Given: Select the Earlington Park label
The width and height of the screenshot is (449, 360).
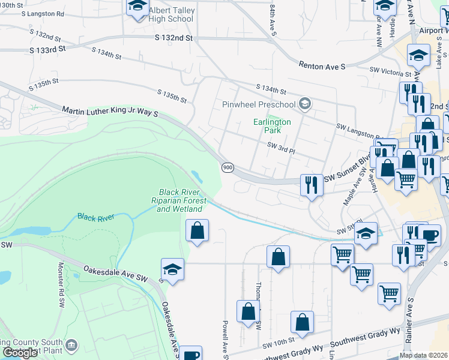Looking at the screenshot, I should tap(272, 126).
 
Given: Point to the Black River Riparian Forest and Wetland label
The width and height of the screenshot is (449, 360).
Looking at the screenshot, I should tap(182, 200).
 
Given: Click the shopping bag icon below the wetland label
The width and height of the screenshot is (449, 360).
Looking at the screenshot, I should tap(197, 230).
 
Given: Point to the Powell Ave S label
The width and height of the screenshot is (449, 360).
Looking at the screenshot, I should tap(226, 342).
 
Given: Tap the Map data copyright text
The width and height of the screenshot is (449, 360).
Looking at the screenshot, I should tap(423, 356).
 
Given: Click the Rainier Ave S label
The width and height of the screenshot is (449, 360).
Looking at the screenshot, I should tap(411, 321).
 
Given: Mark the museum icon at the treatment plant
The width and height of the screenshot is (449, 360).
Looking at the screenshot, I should tap(71, 345).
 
